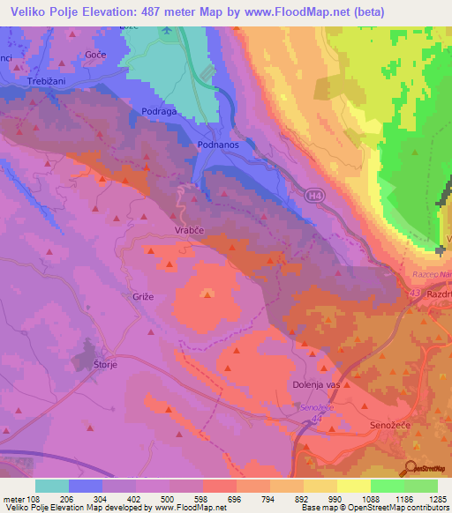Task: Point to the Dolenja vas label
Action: (x=317, y=385)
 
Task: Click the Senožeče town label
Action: (x=389, y=426)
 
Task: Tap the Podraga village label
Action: (x=161, y=111)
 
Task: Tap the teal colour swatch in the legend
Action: (x=52, y=486)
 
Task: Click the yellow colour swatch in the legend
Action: (x=353, y=486)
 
